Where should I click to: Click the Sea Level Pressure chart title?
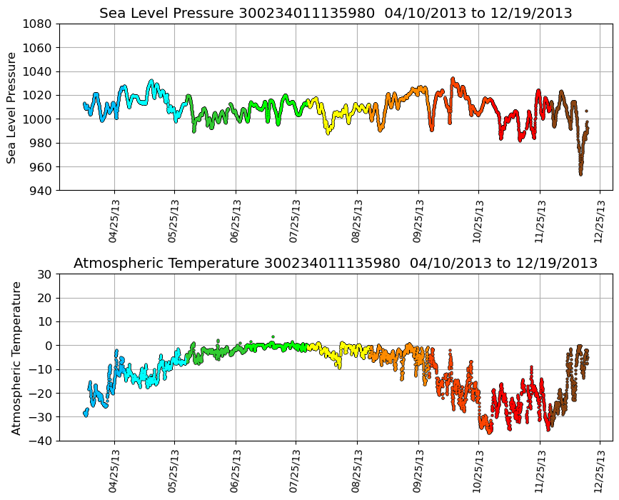(x=336, y=14)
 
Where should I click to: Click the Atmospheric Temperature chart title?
(x=336, y=264)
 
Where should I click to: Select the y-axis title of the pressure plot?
(x=12, y=107)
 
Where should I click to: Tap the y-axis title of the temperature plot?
(x=16, y=357)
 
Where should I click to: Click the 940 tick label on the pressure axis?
(x=41, y=191)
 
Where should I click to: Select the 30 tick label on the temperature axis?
(x=45, y=274)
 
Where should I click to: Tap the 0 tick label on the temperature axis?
(x=49, y=346)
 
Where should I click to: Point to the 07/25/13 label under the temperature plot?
(x=296, y=471)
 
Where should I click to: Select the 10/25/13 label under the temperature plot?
(x=478, y=471)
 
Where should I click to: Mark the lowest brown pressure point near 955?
(x=580, y=174)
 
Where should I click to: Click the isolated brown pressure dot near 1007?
(x=586, y=111)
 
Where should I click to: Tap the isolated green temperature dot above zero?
(x=272, y=336)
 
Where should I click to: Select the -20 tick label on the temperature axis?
(x=42, y=393)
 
